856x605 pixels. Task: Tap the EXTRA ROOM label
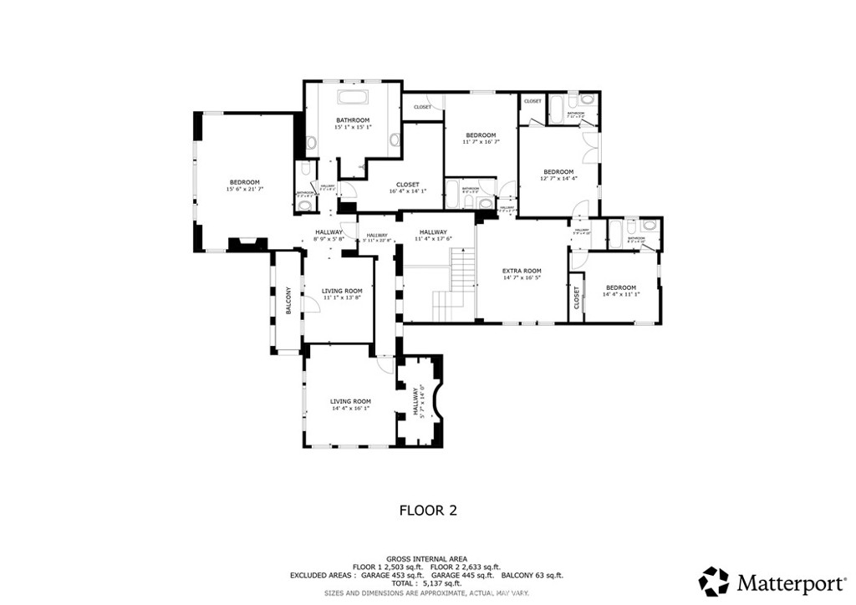click(522, 271)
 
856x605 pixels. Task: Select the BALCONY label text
click(288, 301)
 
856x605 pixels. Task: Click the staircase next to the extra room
click(451, 288)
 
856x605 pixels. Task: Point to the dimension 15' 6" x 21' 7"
click(244, 190)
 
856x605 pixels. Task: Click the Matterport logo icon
click(714, 580)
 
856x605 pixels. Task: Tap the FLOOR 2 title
click(427, 509)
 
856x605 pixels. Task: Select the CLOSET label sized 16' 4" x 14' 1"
click(407, 185)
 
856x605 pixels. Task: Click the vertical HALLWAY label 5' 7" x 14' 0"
click(415, 401)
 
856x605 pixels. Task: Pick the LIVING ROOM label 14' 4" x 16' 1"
click(350, 401)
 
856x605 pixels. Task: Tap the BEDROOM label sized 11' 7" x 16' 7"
click(481, 135)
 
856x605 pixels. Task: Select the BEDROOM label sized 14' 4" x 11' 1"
click(619, 287)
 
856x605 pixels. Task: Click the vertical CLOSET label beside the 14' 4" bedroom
click(577, 297)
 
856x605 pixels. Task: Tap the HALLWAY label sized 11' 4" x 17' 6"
click(433, 232)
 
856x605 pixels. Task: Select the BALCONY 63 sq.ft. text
click(532, 576)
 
